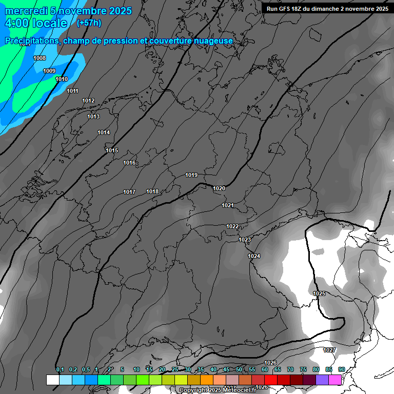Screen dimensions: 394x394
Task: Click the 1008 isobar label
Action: (40, 58)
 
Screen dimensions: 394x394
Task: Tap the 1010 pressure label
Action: (62, 79)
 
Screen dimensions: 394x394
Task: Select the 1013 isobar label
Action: (93, 116)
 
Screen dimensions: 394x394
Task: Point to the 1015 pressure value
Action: (112, 150)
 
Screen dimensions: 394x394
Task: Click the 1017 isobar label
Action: (129, 192)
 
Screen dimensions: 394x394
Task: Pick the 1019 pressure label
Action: (191, 175)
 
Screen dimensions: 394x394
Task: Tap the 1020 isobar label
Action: (219, 188)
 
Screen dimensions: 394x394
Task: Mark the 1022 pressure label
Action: (232, 226)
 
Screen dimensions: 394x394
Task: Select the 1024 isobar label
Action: (254, 256)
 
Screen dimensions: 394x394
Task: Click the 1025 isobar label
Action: (319, 293)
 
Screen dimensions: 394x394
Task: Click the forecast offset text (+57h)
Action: (89, 23)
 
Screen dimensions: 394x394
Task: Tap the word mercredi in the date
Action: (26, 11)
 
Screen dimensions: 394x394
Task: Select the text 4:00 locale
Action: (36, 23)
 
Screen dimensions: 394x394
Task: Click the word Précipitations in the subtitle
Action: (31, 41)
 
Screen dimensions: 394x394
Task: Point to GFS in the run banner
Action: (283, 8)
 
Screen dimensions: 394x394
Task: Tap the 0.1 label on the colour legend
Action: (60, 369)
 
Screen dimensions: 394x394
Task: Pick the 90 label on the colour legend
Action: (342, 369)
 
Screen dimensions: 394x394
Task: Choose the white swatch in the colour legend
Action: (52, 380)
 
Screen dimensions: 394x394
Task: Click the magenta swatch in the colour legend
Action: (335, 380)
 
